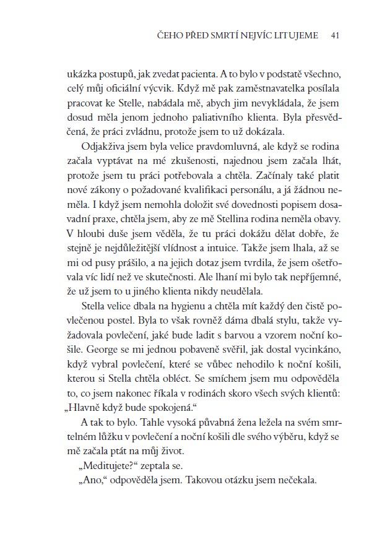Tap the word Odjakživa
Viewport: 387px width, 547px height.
pyautogui.click(x=102, y=152)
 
